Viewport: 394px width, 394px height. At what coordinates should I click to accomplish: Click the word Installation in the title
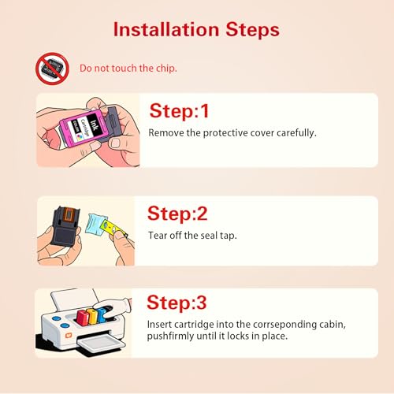point(166,29)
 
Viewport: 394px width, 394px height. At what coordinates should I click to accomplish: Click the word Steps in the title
point(252,29)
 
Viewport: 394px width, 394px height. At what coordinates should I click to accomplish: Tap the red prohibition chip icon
point(52,69)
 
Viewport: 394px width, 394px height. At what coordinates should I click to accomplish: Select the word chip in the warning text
point(166,69)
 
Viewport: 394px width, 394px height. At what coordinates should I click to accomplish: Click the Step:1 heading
point(179,111)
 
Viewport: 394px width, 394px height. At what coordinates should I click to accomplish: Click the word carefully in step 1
point(296,133)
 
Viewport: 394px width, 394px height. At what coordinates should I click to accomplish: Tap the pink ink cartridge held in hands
point(84,127)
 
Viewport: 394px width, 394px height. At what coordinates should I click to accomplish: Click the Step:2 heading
point(177,214)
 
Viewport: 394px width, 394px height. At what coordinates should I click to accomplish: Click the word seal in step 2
point(209,236)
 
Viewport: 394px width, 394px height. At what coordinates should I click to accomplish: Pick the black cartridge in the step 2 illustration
point(66,226)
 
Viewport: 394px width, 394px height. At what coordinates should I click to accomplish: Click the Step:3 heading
point(177,303)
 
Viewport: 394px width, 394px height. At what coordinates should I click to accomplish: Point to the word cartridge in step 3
point(194,325)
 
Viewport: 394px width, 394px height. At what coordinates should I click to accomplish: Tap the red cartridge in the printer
point(83,318)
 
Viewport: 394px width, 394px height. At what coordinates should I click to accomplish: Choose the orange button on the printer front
point(69,336)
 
